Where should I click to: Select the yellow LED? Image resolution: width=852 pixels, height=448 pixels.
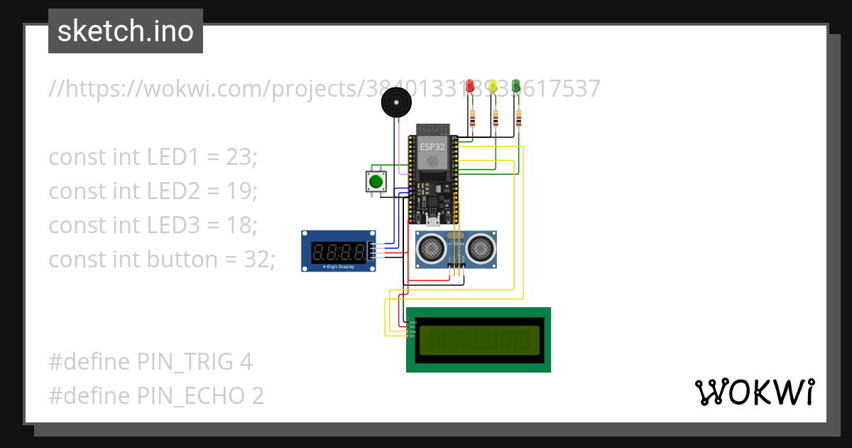click(493, 87)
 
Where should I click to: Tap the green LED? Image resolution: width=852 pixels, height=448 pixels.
click(516, 87)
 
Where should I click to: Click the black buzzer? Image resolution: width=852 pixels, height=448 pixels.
click(395, 103)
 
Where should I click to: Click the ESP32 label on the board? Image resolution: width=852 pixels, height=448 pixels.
click(432, 146)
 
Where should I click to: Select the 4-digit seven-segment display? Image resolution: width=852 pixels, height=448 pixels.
click(339, 250)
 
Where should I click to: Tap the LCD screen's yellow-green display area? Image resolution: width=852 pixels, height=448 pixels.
click(479, 340)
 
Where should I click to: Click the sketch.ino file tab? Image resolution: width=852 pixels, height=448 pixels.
click(126, 31)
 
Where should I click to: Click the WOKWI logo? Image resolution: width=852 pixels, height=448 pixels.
click(754, 392)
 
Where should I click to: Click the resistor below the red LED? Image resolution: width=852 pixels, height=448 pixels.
click(472, 118)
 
